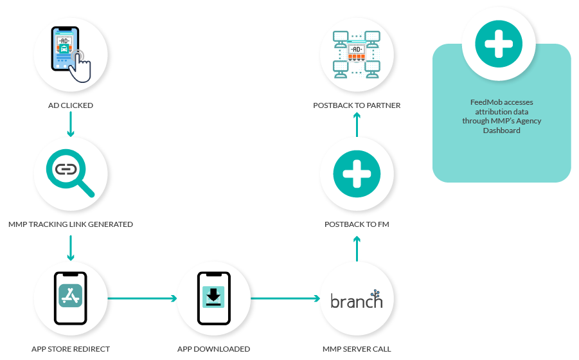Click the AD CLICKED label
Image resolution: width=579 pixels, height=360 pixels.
point(71,105)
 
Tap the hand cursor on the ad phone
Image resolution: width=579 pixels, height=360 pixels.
point(81,66)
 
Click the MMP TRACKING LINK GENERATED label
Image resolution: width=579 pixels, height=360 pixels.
point(71,224)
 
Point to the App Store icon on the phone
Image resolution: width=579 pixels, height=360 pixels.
point(71,295)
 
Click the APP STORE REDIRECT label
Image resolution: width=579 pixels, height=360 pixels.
point(71,349)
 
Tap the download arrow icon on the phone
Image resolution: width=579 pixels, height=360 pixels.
point(213,296)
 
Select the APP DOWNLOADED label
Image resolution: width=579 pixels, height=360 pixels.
point(213,349)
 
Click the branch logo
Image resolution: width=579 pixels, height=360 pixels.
point(356,300)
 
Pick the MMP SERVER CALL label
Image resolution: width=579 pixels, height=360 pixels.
point(357,349)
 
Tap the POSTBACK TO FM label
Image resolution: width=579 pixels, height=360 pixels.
point(357,224)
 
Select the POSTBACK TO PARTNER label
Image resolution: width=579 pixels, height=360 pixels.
point(357,105)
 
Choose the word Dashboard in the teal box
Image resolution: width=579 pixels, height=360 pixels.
point(501,130)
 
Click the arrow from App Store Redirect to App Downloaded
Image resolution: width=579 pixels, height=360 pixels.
point(142,298)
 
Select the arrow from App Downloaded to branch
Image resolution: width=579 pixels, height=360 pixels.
point(285,298)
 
